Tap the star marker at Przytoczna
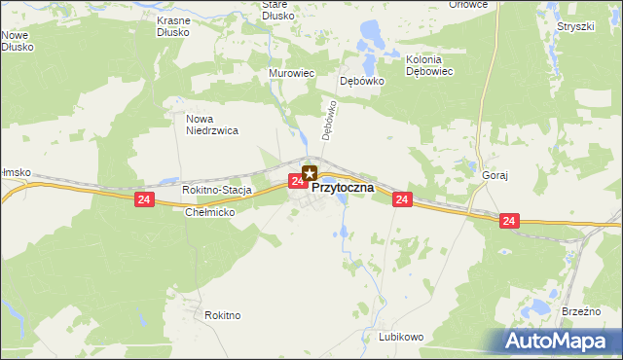tap(311, 173)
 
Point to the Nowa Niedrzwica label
tap(213, 124)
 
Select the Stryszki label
tap(575, 26)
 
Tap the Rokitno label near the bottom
tap(223, 315)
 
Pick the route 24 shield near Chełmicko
tap(144, 199)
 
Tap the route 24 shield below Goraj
tap(510, 222)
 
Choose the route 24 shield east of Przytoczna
tap(402, 199)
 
